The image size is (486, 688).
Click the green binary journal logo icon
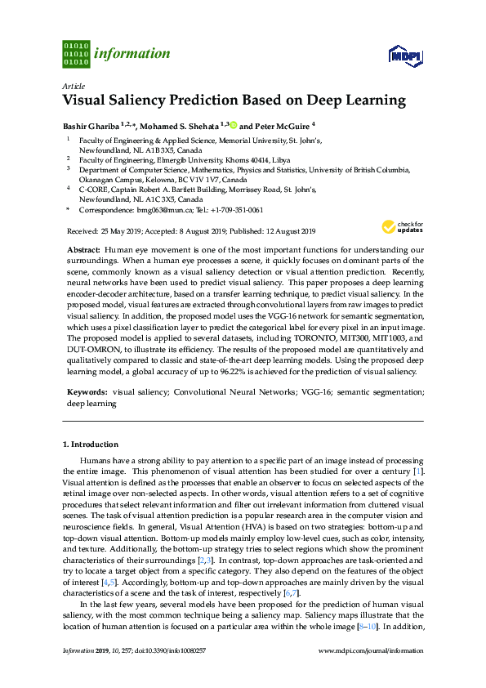tap(75, 53)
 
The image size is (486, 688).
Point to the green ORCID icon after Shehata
tap(232, 126)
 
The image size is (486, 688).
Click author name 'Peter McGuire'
tap(280, 126)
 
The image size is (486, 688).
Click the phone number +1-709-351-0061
tap(237, 209)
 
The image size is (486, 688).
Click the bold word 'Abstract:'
tap(84, 249)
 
